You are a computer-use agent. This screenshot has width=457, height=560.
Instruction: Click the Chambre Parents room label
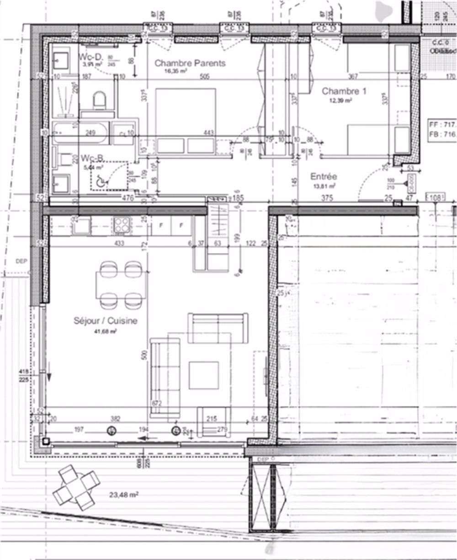coord(190,63)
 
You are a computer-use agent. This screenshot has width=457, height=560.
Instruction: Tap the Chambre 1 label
coord(344,91)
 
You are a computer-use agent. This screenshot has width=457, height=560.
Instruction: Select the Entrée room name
coord(324,176)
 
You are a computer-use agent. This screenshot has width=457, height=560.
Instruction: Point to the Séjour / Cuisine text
coord(105,321)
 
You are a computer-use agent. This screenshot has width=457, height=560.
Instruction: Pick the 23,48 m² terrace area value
coord(124,494)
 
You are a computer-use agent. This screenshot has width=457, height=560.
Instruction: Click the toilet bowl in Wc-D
coord(99,99)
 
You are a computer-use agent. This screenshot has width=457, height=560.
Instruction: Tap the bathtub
coord(80,133)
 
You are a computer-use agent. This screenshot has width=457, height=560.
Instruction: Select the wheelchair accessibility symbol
coord(101,181)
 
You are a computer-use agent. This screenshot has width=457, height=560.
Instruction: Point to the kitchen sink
coord(82,225)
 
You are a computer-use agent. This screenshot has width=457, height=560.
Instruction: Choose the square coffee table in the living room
coord(203,375)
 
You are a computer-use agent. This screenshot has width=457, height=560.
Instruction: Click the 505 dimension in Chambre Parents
coord(204,77)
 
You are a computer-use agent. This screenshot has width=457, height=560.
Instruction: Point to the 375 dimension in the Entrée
coord(326,198)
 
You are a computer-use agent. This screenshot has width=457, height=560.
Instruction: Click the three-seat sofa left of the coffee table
coord(165,378)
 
